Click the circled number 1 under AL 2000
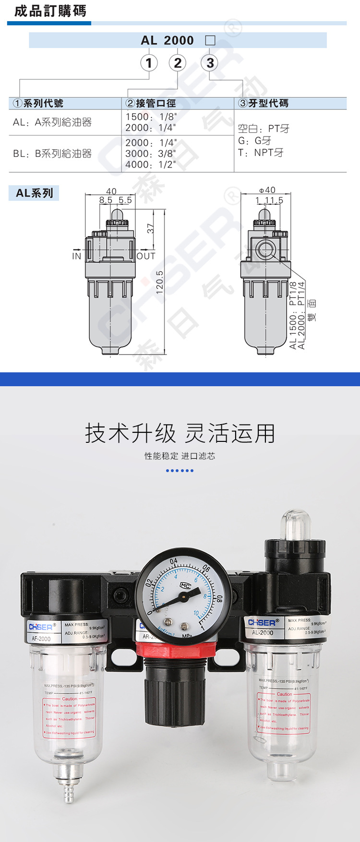[x=149, y=63]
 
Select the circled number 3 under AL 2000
[x=210, y=63]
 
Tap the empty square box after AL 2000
[x=210, y=41]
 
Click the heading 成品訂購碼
[x=50, y=11]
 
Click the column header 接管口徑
[x=151, y=103]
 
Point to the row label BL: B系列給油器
[x=52, y=154]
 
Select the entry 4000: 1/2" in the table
[x=151, y=165]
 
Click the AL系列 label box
[x=34, y=193]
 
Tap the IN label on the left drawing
[x=77, y=256]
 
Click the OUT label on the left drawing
[x=146, y=256]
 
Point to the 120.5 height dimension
[x=160, y=282]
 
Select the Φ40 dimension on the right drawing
[x=267, y=190]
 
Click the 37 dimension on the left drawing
[x=151, y=228]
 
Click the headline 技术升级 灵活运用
[x=180, y=433]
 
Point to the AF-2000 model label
[x=41, y=639]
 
